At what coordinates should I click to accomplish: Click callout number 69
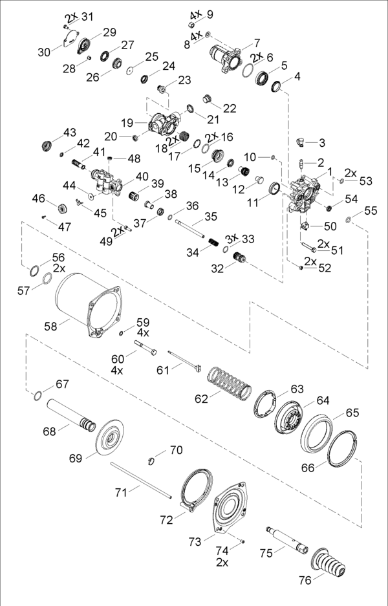point(75,459)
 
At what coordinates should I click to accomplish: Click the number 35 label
point(211,216)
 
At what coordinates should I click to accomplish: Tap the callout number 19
point(127,122)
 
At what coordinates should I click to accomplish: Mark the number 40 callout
point(142,176)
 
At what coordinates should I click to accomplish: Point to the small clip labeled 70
point(153,460)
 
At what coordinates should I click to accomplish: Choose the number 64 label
point(323,400)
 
